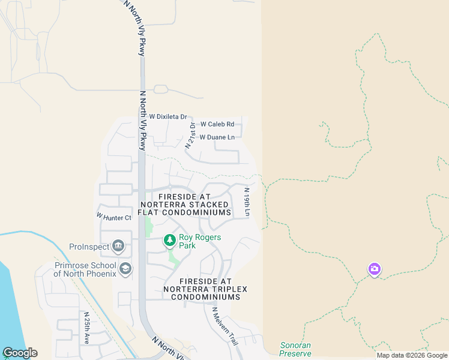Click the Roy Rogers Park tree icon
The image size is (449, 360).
pos(170,241)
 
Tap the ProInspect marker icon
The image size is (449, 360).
pos(118,246)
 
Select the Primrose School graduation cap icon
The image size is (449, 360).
pos(125,268)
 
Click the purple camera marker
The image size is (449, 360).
pos(375,269)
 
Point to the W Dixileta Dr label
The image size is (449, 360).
pos(168,116)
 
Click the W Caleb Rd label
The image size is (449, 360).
pos(217,124)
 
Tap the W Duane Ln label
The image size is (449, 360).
pos(217,137)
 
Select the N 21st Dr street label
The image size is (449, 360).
pos(190,135)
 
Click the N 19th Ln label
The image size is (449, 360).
pos(246,202)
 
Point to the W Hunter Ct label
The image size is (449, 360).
pos(113,217)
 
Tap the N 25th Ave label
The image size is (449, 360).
pos(87,328)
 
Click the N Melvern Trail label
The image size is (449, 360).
pos(225,326)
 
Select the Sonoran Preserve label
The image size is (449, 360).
pos(296,349)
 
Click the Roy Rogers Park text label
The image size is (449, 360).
pos(200,241)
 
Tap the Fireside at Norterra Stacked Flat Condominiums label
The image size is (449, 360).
pos(185,205)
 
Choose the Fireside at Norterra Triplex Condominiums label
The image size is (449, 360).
pos(205,289)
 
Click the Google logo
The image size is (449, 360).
pos(20,353)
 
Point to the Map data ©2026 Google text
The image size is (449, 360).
pos(412,355)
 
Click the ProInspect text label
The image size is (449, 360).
pos(89,247)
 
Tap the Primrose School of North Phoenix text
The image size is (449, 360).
pos(85,269)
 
